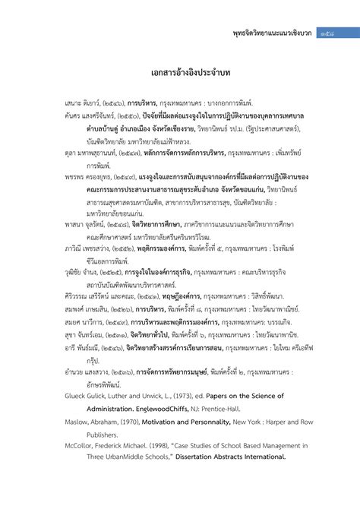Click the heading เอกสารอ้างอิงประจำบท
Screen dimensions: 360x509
pos(180,74)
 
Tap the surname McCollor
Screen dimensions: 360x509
pos(80,447)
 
